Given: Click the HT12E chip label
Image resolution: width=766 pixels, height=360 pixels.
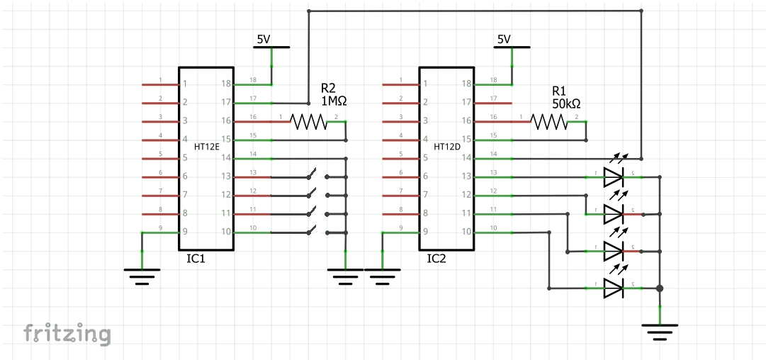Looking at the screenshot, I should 205,146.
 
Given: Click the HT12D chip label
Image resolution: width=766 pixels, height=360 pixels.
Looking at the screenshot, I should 446,146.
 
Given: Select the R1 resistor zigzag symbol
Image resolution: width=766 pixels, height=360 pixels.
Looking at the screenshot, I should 549,122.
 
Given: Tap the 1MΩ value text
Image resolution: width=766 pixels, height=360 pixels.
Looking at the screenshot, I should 334,101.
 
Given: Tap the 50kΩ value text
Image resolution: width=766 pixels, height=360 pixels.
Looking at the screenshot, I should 566,103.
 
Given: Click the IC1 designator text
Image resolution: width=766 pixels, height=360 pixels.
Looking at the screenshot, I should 196,259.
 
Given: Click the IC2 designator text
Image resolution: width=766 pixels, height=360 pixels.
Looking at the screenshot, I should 436,259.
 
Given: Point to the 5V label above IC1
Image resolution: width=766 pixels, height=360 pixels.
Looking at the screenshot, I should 263,40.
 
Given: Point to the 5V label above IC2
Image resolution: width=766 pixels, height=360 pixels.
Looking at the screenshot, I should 504,40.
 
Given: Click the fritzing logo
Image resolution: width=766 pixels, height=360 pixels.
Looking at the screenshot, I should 67,333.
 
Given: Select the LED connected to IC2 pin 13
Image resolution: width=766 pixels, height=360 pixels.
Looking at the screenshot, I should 613,177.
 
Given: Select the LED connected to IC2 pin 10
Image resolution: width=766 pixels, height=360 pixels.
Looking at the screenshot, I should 613,288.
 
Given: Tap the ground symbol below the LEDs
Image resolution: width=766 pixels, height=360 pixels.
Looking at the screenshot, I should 660,331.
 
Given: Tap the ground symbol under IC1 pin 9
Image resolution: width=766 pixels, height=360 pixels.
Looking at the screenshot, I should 142,275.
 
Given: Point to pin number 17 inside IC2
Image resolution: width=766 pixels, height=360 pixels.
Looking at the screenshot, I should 467,103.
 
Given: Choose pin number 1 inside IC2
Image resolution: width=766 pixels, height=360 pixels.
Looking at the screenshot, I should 426,84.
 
